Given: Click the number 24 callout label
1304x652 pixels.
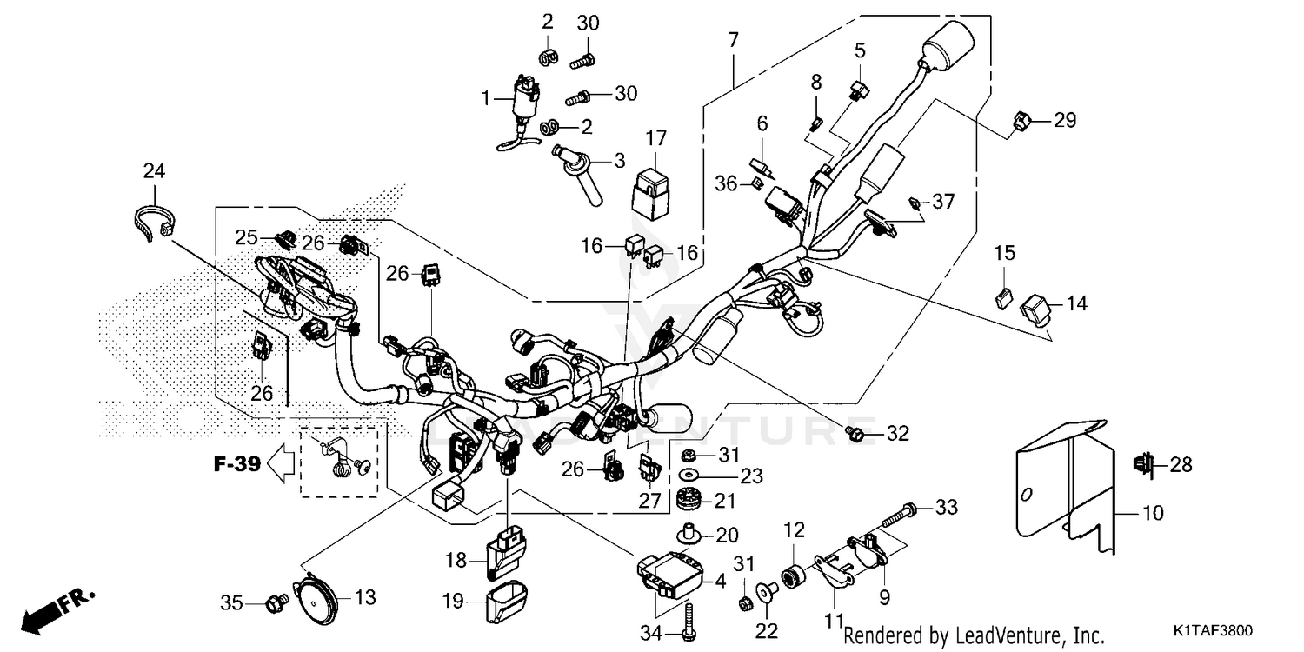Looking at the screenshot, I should tap(154, 171).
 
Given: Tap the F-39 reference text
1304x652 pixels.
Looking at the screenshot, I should tap(237, 464).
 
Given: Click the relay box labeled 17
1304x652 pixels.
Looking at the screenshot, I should tap(655, 197).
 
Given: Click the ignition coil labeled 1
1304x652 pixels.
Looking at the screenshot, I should tap(524, 100).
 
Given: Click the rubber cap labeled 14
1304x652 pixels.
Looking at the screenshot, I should tap(1036, 307).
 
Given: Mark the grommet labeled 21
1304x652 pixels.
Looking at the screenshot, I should tap(689, 503).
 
